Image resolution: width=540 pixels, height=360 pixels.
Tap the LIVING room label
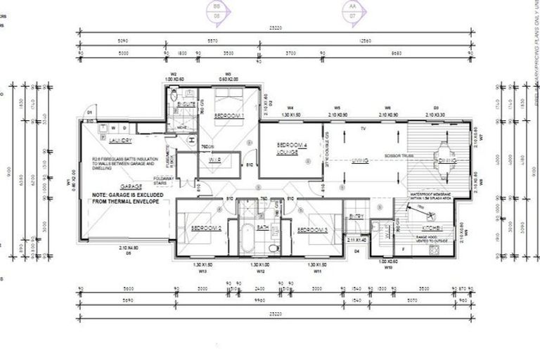360,162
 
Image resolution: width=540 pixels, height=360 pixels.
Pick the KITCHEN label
432,229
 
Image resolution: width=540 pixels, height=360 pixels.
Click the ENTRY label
356,216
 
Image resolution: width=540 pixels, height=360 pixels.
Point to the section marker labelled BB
217,9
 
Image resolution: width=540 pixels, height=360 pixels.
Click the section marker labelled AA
352,9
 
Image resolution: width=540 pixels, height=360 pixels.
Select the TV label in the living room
363,129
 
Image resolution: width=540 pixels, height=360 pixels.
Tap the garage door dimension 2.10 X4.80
129,247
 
